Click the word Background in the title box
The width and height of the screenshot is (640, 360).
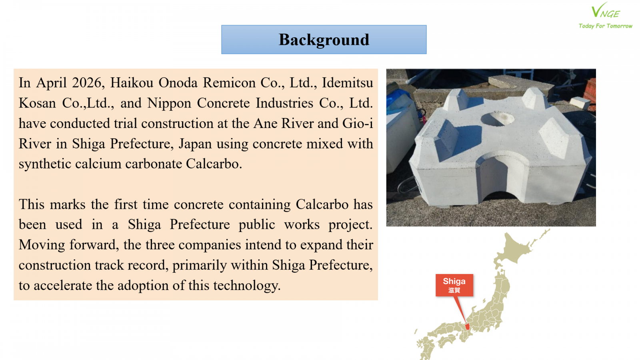point(324,40)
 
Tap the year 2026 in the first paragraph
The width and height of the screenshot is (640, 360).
point(87,83)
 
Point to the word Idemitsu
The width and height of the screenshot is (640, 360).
point(348,83)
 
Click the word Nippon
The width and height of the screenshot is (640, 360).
point(169,103)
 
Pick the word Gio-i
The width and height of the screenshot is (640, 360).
point(358,124)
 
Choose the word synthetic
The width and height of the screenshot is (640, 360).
point(44,164)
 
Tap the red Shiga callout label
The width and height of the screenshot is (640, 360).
point(454,285)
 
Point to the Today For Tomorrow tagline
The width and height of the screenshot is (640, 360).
point(606,26)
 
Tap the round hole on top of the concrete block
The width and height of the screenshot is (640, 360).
point(498,118)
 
